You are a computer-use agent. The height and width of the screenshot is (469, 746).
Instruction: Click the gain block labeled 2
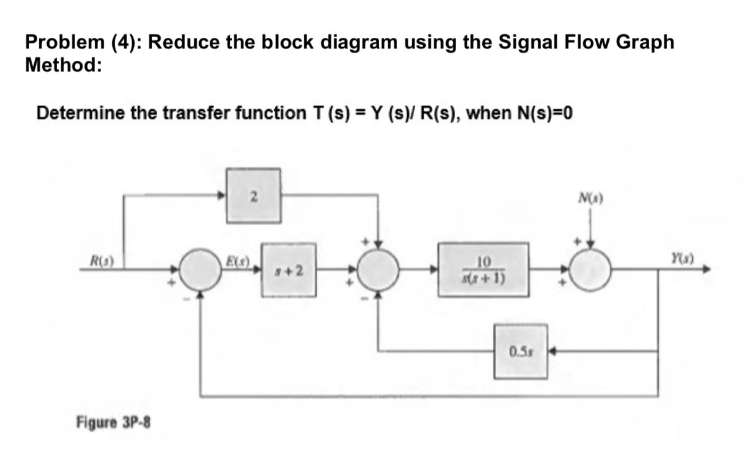253,196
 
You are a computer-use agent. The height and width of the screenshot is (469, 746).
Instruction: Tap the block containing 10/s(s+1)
484,270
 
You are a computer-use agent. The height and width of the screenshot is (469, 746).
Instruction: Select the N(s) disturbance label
590,200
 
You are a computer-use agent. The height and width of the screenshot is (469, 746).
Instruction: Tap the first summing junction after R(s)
200,270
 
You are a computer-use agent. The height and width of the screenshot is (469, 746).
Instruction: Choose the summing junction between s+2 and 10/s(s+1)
380,270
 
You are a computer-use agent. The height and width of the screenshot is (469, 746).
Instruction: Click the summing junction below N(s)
590,270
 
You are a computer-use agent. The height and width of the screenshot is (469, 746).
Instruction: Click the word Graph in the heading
643,42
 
